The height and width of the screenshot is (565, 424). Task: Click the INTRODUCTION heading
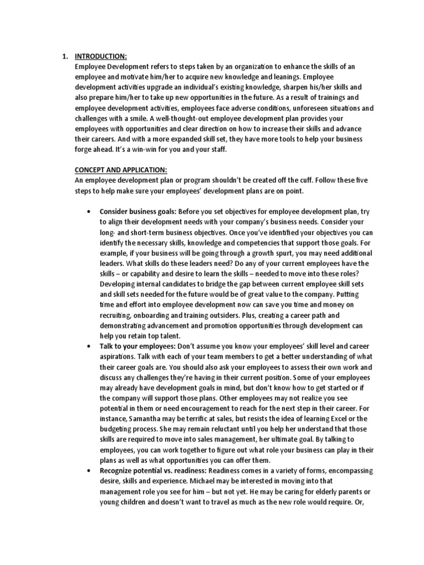pos(101,56)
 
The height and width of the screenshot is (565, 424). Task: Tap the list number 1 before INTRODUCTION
pos(64,56)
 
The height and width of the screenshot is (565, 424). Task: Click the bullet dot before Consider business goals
pos(89,211)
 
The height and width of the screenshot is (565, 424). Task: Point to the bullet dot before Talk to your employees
pos(89,347)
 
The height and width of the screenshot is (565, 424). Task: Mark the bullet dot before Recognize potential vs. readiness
pos(89,471)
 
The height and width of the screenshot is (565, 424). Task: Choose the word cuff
pos(315,180)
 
